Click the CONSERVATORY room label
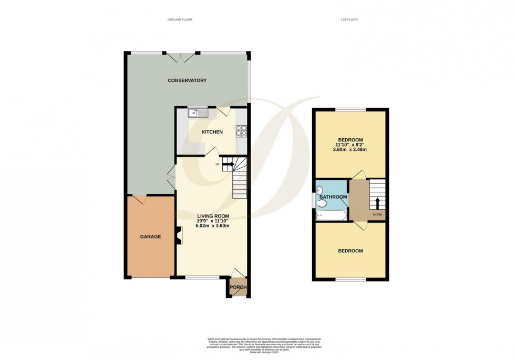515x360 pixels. (x=187, y=80)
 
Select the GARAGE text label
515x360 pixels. (x=150, y=236)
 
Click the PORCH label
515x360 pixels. (x=238, y=287)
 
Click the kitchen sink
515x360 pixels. (x=198, y=112)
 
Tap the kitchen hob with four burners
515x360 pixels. (x=241, y=130)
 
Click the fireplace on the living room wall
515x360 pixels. (x=179, y=235)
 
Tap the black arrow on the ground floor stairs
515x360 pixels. (x=228, y=164)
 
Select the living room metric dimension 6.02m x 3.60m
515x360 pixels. (x=213, y=225)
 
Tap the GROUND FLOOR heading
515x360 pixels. (x=180, y=19)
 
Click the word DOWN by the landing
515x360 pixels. (x=377, y=215)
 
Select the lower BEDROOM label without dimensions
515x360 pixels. (x=350, y=251)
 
